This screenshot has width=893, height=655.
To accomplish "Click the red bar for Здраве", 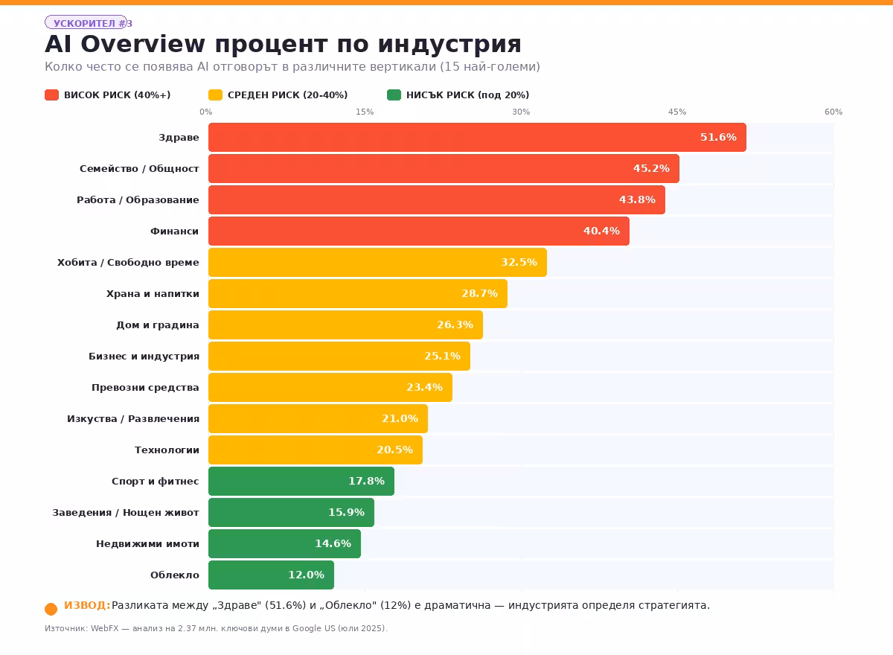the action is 477,137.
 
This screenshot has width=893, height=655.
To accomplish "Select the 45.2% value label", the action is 651,168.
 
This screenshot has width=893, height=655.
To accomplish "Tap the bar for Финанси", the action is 419,231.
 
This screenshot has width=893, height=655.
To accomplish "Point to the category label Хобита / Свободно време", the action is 128,262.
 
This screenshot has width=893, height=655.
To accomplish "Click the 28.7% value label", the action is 479,293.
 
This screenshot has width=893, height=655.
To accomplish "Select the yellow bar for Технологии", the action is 316,450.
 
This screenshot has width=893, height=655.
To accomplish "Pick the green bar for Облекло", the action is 271,575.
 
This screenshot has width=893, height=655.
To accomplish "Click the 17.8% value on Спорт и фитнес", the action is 366,481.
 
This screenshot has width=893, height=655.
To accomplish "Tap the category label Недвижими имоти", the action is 147,544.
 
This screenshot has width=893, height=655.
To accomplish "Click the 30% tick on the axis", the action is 521,112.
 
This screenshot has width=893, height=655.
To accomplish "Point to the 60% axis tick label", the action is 833,112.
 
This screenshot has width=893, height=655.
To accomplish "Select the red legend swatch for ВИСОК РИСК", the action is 52,95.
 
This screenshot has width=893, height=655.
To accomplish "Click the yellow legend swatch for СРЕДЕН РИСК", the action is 215,95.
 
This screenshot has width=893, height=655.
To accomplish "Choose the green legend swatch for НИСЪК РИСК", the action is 394,95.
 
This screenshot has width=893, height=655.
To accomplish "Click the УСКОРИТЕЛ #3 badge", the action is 88,22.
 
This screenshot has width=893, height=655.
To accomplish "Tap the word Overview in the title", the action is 143,43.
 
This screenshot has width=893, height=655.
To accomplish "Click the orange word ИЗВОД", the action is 87,605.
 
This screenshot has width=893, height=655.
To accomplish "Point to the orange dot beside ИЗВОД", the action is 51,609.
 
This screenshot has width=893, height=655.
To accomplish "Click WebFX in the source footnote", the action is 104,628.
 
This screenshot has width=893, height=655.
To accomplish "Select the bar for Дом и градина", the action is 345,325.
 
